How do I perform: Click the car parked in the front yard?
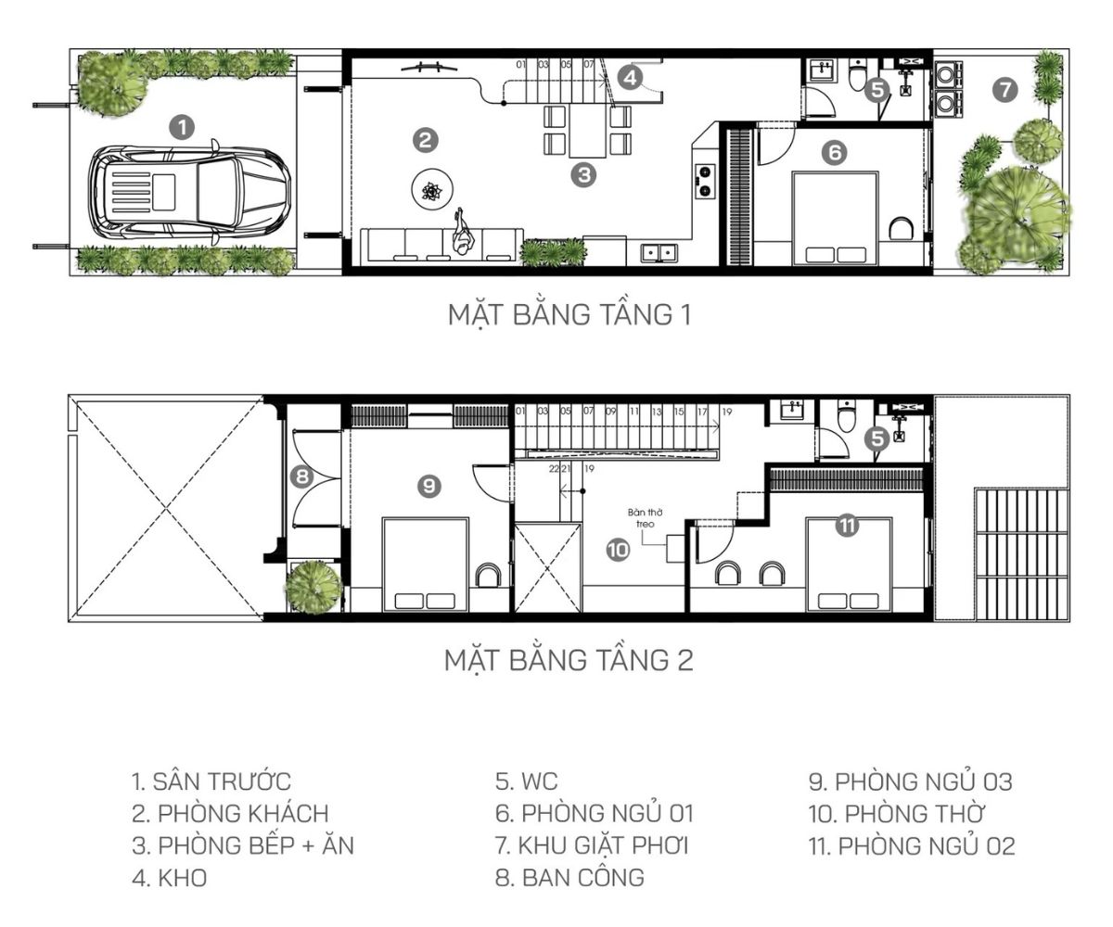[189, 192]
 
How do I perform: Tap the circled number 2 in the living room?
[424, 140]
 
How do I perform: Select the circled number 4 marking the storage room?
[630, 78]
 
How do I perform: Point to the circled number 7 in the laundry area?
[1004, 90]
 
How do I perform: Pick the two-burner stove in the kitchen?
[705, 181]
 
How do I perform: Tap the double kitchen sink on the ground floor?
[660, 252]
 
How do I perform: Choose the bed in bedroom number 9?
[426, 565]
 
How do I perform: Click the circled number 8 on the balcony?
[301, 477]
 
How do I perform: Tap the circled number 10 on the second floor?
[618, 550]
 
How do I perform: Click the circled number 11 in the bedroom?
[846, 526]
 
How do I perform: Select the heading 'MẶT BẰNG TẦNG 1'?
[569, 314]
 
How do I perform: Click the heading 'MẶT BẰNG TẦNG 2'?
[569, 660]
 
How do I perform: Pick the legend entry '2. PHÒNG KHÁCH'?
[230, 814]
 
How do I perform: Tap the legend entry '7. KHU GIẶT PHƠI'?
[592, 845]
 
